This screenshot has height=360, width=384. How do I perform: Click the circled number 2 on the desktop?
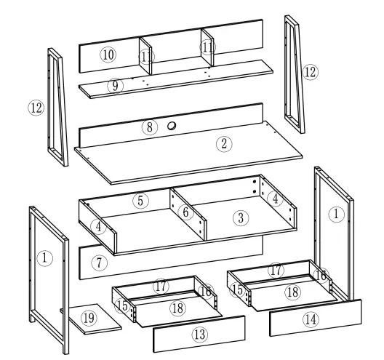(225, 143)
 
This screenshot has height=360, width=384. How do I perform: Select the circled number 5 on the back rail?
(142, 199)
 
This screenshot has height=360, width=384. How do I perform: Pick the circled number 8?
(149, 127)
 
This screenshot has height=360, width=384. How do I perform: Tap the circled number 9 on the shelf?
(114, 86)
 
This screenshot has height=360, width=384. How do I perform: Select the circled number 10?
(108, 55)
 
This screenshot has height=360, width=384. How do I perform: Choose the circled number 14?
(311, 318)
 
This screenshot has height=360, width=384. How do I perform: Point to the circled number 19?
(88, 318)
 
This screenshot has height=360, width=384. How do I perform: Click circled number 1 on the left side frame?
(45, 257)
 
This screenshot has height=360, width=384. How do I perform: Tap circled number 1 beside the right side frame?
(335, 215)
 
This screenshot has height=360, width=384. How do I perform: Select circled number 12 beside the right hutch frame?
(311, 72)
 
